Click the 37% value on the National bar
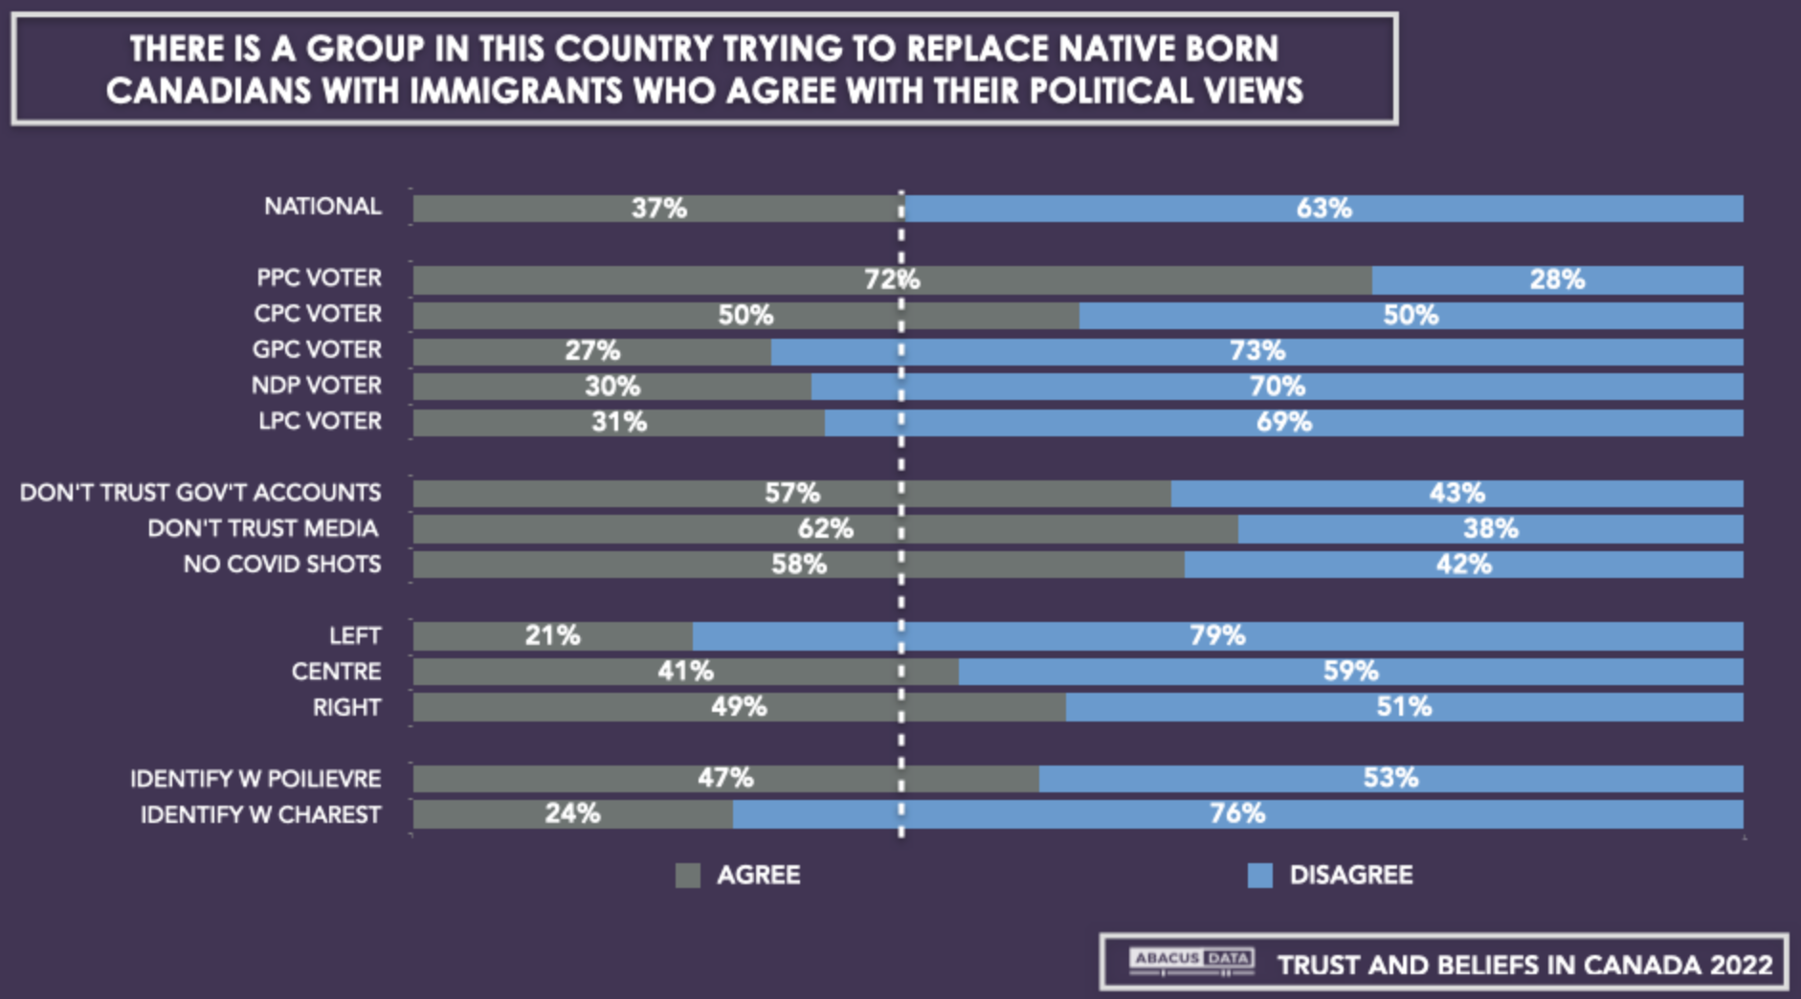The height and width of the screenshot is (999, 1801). click(x=658, y=208)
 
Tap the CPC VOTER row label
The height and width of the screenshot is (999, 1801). click(x=317, y=314)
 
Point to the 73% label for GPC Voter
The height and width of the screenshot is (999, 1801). click(x=1256, y=351)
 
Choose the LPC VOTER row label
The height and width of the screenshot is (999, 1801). click(x=320, y=421)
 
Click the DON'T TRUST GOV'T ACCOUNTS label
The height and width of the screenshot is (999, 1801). click(x=201, y=493)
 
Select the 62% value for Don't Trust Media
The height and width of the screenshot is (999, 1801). click(x=825, y=528)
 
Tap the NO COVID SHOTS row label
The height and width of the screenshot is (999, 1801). click(x=282, y=565)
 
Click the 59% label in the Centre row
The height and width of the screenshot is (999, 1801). click(x=1350, y=671)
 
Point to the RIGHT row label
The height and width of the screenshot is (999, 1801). click(x=346, y=707)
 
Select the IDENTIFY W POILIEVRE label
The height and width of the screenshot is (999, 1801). click(x=256, y=779)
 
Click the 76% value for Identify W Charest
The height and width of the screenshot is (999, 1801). click(x=1236, y=813)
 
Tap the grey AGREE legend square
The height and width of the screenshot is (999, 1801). click(x=687, y=875)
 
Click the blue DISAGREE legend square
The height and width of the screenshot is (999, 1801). click(x=1259, y=875)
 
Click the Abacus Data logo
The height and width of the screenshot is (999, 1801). click(x=1190, y=960)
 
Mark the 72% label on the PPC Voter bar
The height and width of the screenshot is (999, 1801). click(x=891, y=279)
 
